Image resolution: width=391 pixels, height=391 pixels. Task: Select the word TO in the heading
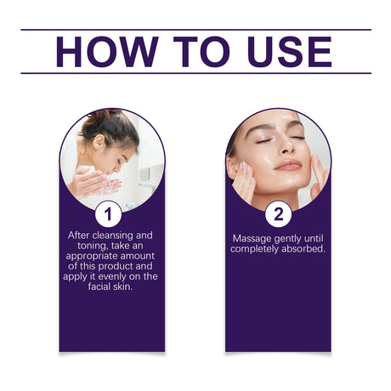point(187,52)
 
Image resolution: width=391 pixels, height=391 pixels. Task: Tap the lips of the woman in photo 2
point(286,164)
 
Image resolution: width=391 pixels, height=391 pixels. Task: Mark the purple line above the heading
point(195,30)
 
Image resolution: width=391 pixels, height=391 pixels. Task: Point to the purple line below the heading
point(195,73)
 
